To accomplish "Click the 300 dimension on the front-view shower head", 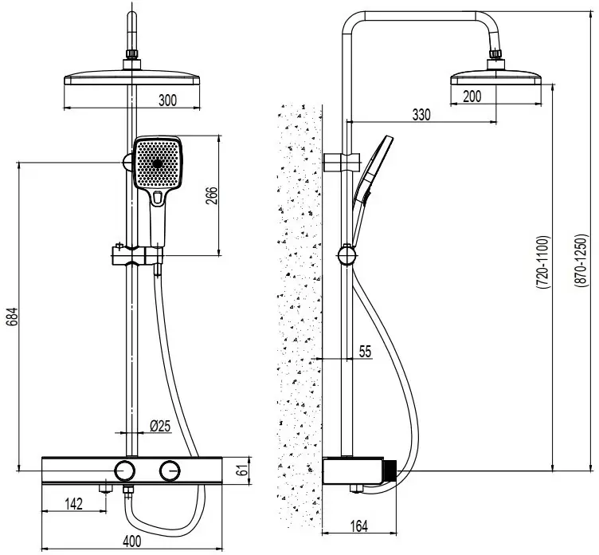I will tap(166, 100).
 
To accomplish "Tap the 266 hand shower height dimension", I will tap(213, 196).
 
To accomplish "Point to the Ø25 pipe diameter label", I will tap(161, 426).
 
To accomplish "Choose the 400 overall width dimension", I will tap(132, 541).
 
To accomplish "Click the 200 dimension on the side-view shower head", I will tap(472, 96).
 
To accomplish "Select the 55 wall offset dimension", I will tap(365, 352).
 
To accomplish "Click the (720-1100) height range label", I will tap(542, 266).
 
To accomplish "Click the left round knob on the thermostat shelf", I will tap(124, 470).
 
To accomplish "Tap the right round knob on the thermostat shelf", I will tap(170, 470).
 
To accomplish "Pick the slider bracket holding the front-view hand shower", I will tap(136, 256).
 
